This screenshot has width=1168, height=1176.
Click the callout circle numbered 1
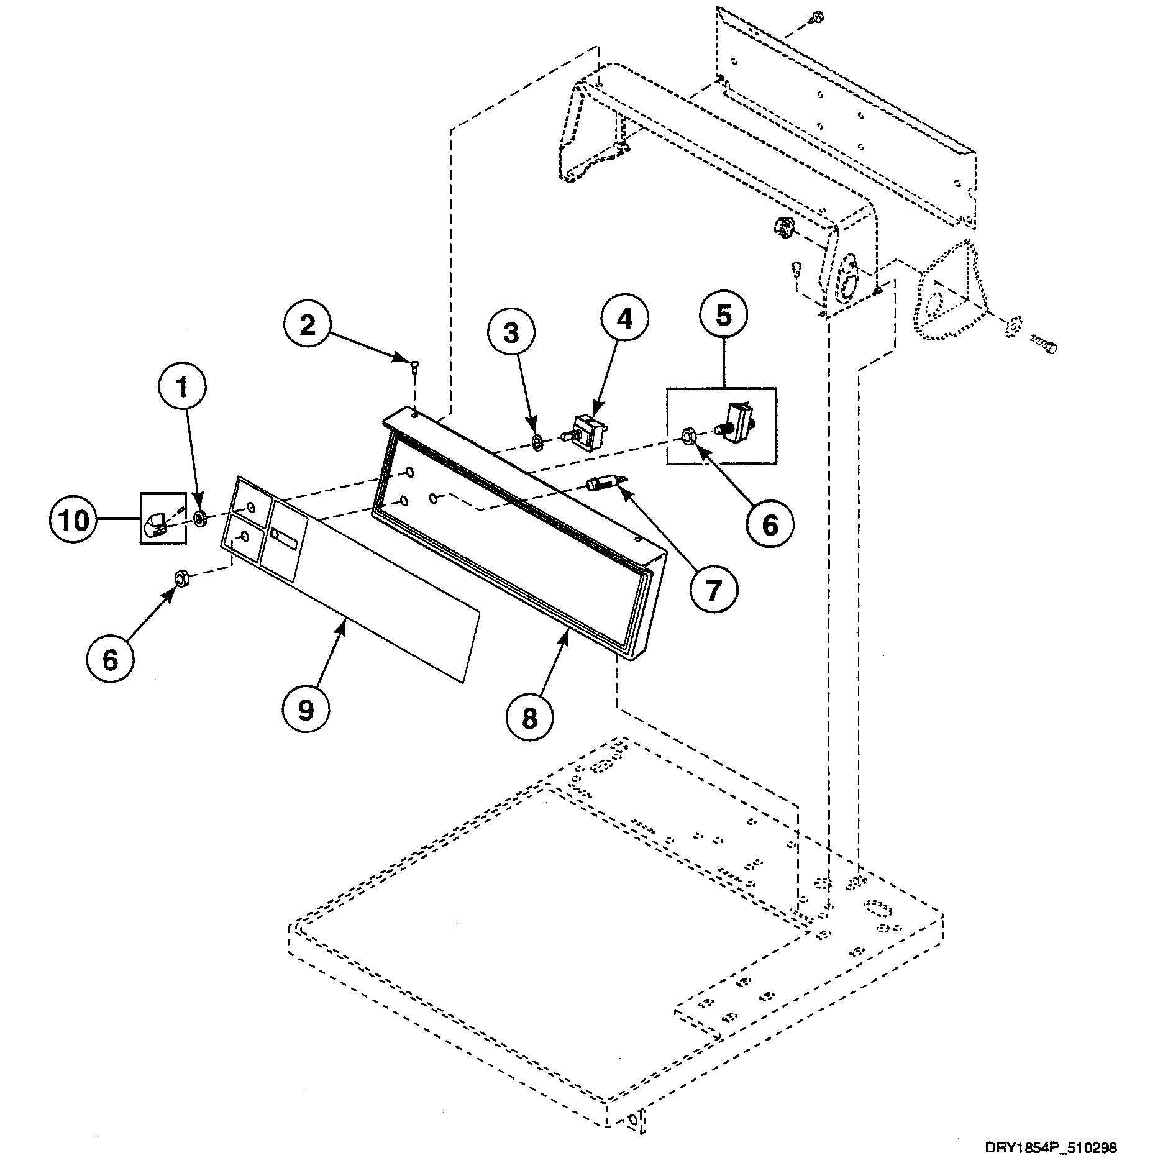click(182, 388)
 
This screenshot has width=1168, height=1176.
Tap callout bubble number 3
click(511, 334)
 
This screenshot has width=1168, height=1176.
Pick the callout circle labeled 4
click(624, 319)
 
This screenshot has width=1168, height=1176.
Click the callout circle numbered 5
click(723, 316)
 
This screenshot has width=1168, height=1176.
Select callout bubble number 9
click(306, 710)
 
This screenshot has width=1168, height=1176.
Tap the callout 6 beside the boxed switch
click(770, 525)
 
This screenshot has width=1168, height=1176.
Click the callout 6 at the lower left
click(110, 660)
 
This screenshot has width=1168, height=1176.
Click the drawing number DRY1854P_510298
click(1051, 1148)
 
